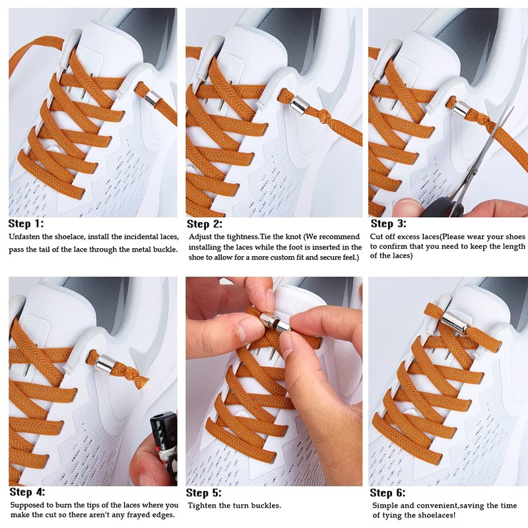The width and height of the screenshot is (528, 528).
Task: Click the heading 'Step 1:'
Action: (27, 224)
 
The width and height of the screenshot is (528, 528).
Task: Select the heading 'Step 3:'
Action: (388, 224)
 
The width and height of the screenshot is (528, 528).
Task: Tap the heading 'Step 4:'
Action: (27, 492)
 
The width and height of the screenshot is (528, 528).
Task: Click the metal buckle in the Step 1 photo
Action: (152, 98)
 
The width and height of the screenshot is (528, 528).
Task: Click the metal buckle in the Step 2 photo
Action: (299, 104)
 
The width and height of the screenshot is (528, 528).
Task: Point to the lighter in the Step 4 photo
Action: (162, 442)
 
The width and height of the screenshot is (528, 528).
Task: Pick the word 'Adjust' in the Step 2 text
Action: (202, 237)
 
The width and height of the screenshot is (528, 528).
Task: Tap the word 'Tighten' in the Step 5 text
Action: (205, 506)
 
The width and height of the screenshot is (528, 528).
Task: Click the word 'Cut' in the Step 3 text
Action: (377, 237)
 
